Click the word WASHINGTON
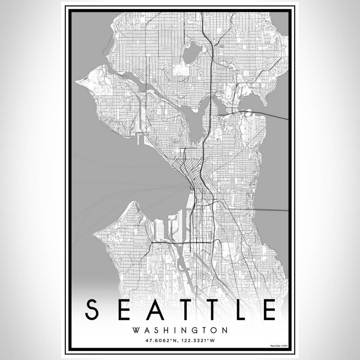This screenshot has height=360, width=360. point(180,330)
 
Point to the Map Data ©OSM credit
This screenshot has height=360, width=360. point(279,346)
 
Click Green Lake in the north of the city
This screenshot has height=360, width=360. point(191,52)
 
